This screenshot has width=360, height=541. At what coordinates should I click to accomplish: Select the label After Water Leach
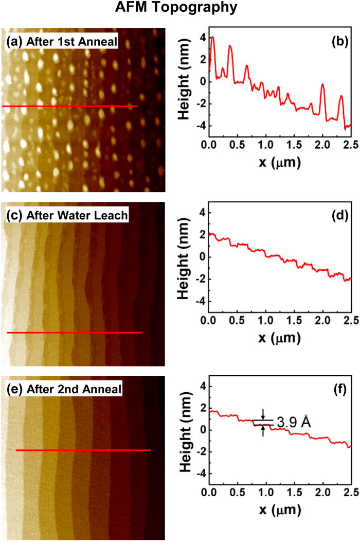click(64, 217)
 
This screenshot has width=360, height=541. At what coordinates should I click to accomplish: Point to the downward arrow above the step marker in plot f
click(263, 413)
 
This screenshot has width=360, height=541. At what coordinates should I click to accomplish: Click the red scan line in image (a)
click(69, 107)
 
